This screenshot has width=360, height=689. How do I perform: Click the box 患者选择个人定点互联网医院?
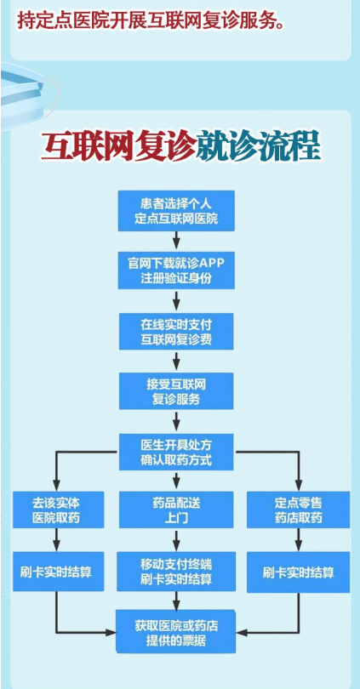(176, 210)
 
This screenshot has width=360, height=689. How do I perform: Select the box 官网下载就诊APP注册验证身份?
(176, 270)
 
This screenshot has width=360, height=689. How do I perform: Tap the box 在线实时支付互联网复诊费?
(176, 332)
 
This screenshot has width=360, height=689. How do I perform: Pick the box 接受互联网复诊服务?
(176, 391)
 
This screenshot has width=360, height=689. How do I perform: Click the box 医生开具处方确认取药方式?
(176, 453)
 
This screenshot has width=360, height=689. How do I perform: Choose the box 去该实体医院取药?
(59, 510)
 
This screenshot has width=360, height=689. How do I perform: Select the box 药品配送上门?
(176, 510)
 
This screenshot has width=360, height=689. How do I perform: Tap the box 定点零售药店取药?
(299, 510)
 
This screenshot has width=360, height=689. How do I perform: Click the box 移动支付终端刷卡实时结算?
(176, 572)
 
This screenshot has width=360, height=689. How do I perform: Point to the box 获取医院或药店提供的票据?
(176, 631)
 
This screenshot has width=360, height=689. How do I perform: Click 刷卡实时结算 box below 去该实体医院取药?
(59, 572)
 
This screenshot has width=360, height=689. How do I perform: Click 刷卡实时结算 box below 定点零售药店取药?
(299, 572)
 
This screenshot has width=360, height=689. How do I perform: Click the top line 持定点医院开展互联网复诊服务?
(151, 20)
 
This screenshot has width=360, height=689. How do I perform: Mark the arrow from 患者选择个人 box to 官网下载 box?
(176, 241)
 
